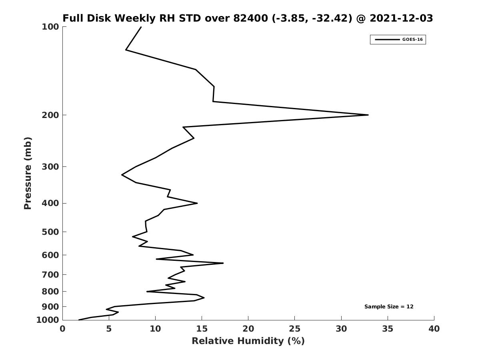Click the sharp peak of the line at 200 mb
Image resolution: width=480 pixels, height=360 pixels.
[368, 115]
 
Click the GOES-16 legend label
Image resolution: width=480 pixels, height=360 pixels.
[412, 40]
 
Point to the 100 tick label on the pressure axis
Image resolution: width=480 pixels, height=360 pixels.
[50, 27]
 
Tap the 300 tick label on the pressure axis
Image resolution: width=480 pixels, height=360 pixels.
[50, 167]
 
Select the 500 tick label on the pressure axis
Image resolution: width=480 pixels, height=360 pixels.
[50, 232]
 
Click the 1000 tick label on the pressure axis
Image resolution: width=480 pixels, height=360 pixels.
[48, 320]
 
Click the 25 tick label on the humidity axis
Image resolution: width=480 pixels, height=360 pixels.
[295, 329]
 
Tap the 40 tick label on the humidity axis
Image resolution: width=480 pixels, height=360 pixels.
[434, 329]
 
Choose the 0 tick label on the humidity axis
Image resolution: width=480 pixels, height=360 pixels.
[63, 329]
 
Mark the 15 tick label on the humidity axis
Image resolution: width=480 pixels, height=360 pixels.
[202, 329]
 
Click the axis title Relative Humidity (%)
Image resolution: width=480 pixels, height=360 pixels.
[248, 341]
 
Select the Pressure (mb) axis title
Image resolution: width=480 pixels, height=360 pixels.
[28, 173]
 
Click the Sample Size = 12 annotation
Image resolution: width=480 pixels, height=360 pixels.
[389, 307]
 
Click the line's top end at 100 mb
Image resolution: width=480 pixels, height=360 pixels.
[141, 27]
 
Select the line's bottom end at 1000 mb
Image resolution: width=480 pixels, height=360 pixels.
[79, 320]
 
